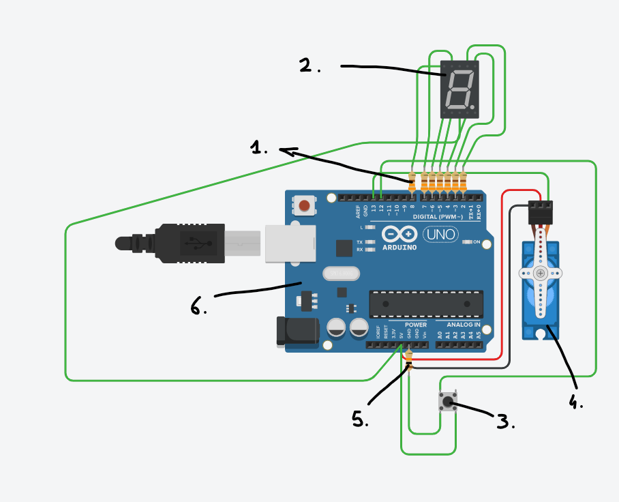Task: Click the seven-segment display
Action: tap(460, 89)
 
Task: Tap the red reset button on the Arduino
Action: tap(305, 205)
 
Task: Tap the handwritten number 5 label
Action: tap(359, 418)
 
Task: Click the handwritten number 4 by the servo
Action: tap(576, 401)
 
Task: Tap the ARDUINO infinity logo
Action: tap(399, 233)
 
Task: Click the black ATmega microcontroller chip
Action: tap(426, 304)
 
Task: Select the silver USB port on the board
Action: tap(290, 243)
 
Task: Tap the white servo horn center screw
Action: tap(540, 274)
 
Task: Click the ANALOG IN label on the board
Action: tap(464, 325)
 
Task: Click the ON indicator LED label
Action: tap(477, 242)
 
